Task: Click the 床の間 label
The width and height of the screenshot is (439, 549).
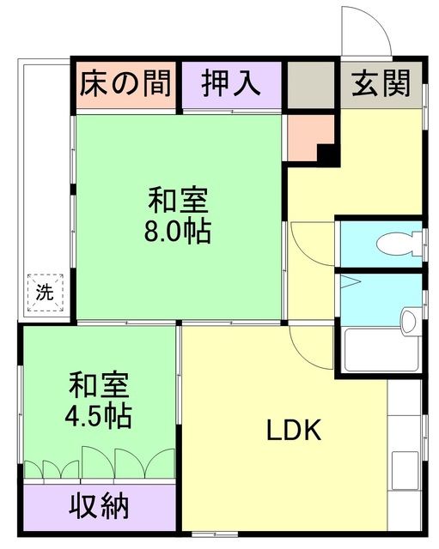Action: point(125,84)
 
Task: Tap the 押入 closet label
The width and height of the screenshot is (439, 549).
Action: point(231,84)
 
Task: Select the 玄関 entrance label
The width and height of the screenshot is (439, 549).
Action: point(381,84)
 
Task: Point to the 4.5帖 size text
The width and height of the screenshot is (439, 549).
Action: point(99,415)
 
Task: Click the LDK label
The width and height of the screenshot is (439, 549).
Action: point(292,429)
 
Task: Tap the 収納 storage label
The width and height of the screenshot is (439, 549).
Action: point(100,506)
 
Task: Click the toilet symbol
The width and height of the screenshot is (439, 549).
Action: point(397,243)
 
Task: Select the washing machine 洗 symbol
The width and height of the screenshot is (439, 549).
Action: point(44,292)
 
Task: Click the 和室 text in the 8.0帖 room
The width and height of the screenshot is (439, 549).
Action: point(179,202)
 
